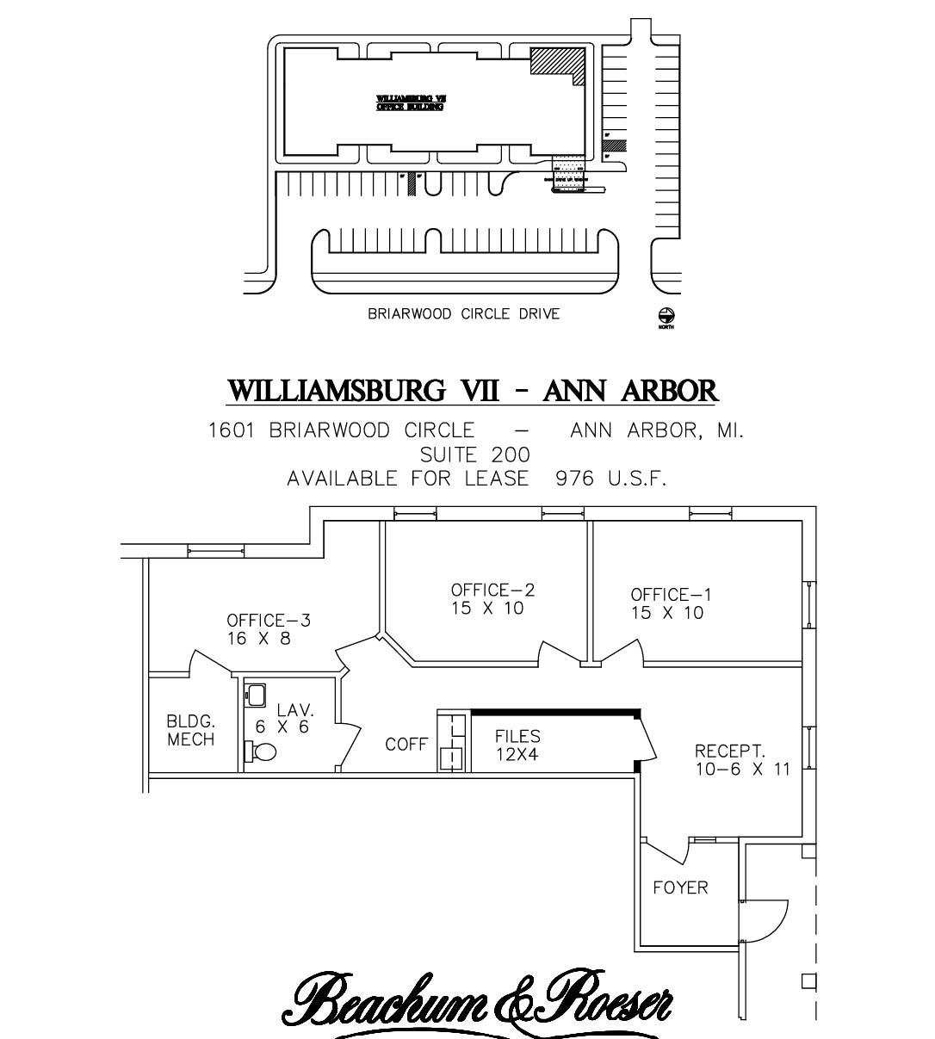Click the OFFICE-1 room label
click(x=672, y=595)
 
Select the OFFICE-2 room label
click(x=492, y=590)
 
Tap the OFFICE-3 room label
click(x=268, y=621)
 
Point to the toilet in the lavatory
click(x=261, y=751)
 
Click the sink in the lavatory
click(x=257, y=695)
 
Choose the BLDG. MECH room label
click(x=190, y=731)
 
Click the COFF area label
click(x=406, y=744)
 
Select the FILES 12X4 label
click(x=517, y=745)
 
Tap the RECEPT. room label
click(x=729, y=751)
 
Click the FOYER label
click(x=680, y=887)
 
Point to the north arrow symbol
click(x=666, y=317)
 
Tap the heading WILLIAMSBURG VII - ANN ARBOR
click(x=472, y=391)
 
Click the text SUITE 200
click(x=474, y=455)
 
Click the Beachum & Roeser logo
click(x=479, y=999)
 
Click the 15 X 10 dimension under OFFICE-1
click(x=666, y=613)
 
